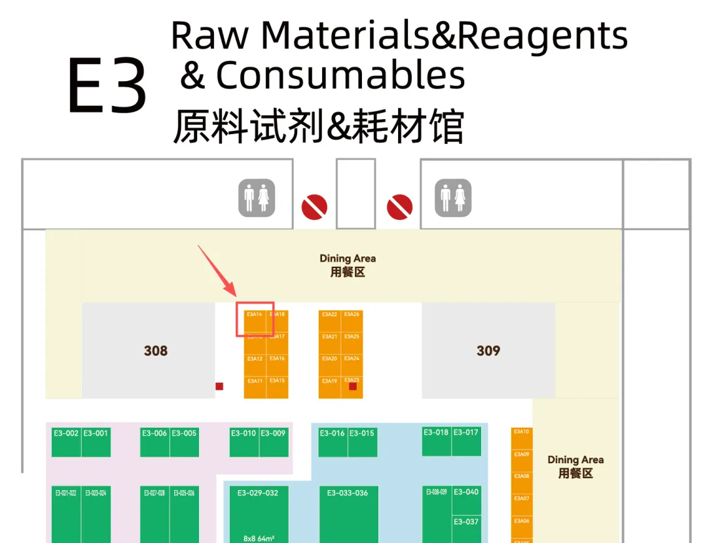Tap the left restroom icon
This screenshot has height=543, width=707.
pos(257,198)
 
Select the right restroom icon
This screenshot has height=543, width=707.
pos(453,198)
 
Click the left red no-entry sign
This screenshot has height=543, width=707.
pos(314,207)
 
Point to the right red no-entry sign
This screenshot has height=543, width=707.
pos(399,207)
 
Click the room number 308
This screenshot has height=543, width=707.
pos(156,351)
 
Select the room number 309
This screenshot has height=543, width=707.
pos(488,351)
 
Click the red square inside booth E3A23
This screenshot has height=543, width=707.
pos(353,387)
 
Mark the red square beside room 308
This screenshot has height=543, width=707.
pos(219,387)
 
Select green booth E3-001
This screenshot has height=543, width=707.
pos(96,442)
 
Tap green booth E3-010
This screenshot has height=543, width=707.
pos(244,442)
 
